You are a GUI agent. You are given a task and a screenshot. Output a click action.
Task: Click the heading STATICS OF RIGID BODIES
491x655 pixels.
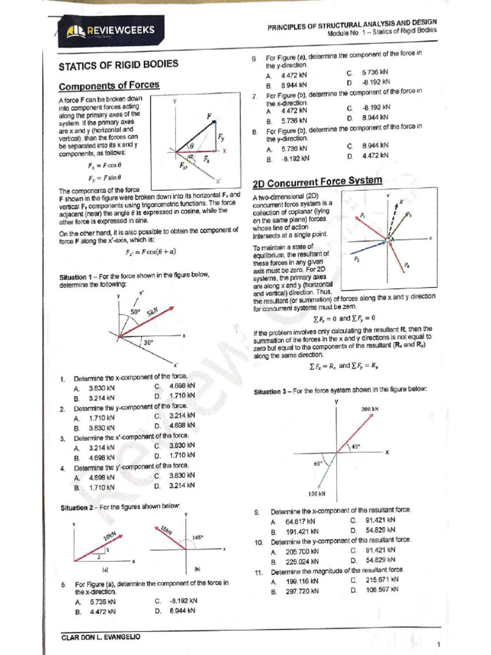click(x=118, y=65)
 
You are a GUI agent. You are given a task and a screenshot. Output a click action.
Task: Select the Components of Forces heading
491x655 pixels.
click(x=109, y=86)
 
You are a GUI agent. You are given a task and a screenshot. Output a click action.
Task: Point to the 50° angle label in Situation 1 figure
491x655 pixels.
click(x=136, y=312)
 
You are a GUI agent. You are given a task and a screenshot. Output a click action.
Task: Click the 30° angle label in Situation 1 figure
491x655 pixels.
click(x=148, y=343)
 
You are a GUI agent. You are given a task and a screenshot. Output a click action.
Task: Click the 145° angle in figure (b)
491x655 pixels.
click(x=198, y=537)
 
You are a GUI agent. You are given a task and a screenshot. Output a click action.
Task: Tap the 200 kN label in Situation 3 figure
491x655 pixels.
click(x=370, y=409)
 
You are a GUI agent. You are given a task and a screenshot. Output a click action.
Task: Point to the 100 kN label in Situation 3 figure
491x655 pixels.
click(x=317, y=494)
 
